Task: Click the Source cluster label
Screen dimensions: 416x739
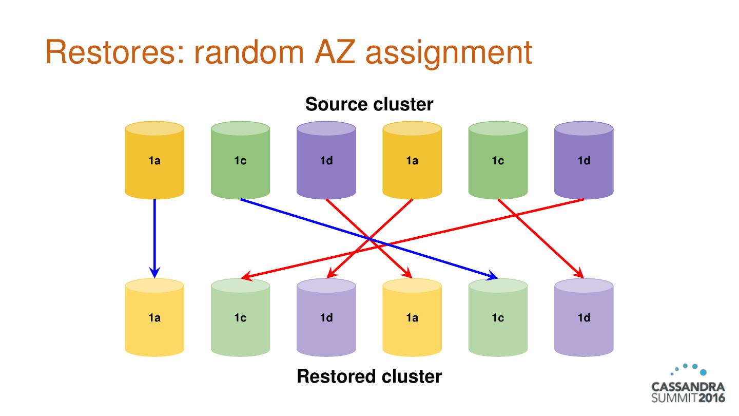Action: (369, 104)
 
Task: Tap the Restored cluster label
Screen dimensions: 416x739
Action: (369, 376)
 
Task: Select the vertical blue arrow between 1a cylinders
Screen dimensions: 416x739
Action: (154, 231)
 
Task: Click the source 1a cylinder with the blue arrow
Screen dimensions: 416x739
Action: (154, 160)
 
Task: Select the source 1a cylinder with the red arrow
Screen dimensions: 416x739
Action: (412, 160)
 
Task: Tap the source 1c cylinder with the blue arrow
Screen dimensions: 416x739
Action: (240, 160)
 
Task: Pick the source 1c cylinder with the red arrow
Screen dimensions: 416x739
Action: (498, 160)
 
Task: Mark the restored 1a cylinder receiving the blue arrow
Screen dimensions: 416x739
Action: (154, 317)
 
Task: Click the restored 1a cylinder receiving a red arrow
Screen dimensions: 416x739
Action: (412, 317)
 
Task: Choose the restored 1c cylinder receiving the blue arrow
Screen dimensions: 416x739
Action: (498, 317)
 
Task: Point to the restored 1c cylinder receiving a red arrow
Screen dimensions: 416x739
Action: (240, 317)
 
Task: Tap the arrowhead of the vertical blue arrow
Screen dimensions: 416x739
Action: (154, 272)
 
